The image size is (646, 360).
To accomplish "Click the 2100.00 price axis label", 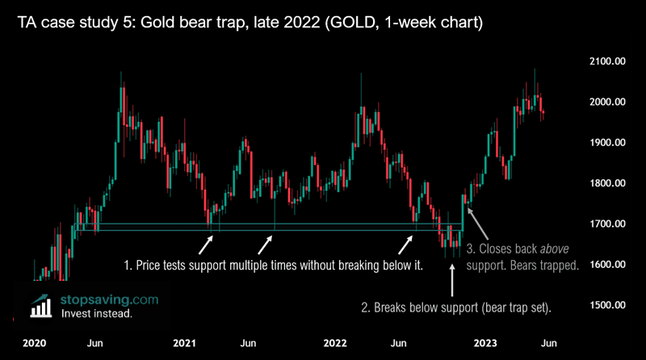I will coord(607,61).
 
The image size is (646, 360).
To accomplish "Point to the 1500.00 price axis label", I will coord(607,304).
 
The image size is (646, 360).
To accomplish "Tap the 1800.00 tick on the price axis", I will coord(607,183).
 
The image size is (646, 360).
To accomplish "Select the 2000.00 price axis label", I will coord(607,102).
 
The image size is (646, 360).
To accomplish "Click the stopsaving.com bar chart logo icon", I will coord(38,305).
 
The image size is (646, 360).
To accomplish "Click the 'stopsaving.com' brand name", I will coord(110,299).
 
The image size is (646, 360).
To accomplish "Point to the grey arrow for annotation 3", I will coord(473,219).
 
